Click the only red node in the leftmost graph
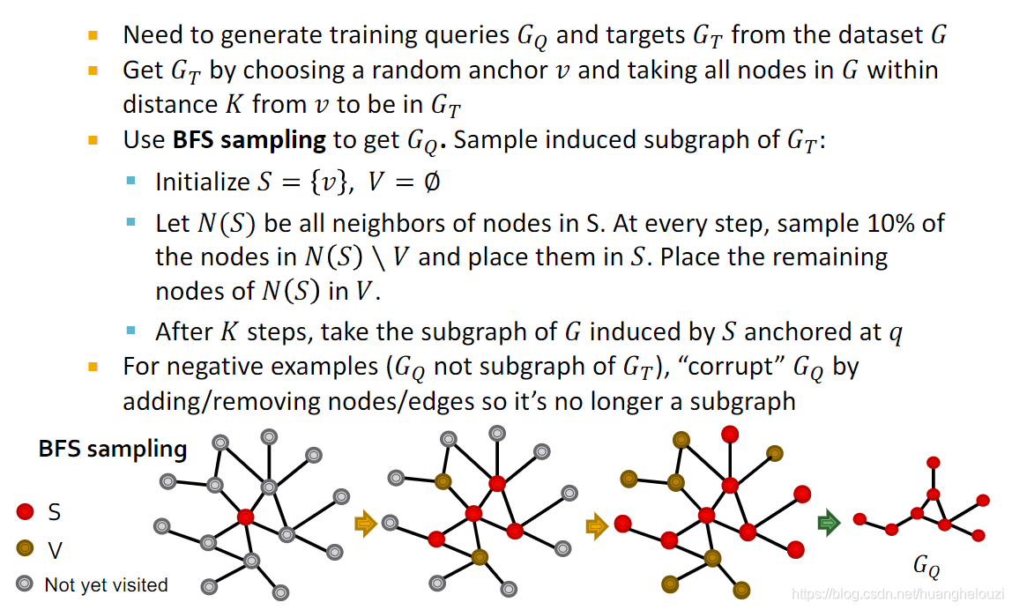coord(246,517)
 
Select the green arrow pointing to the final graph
coord(829,524)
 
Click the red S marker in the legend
coord(26,511)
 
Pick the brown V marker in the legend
coord(26,549)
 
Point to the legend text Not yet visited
coord(106,584)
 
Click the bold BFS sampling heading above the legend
coord(113,449)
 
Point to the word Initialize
coord(203,182)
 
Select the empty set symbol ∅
coord(431,182)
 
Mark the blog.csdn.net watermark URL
coord(899,595)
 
